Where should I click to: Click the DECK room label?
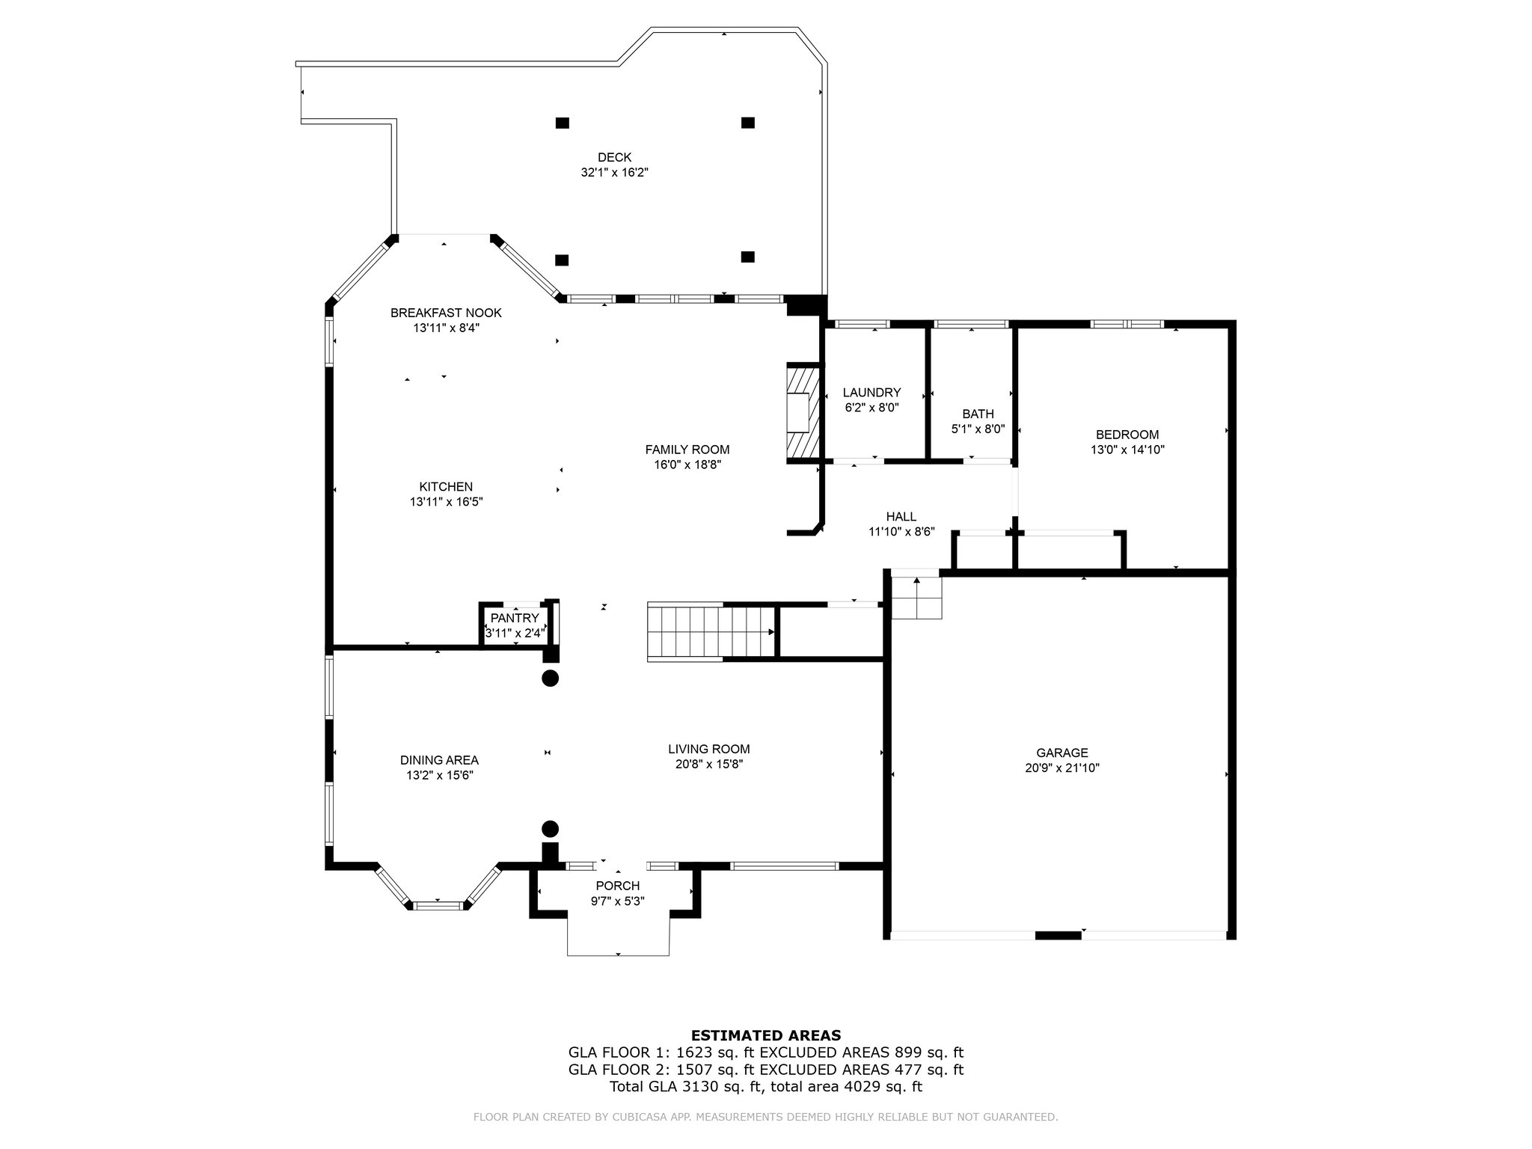[x=614, y=157]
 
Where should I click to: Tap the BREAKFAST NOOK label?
[x=446, y=313]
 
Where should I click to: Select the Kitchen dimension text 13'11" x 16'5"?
[x=446, y=502]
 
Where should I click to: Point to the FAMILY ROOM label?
[x=687, y=450]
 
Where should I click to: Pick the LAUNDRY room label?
[x=871, y=393]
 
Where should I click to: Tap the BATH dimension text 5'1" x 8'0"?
[x=978, y=429]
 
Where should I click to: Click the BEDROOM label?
[x=1127, y=435]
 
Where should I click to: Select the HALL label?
[x=901, y=517]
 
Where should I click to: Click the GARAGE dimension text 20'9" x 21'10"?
[x=1062, y=767]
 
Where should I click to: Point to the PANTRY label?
[x=515, y=618]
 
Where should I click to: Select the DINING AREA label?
[x=439, y=761]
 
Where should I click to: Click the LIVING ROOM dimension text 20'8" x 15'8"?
[x=709, y=765]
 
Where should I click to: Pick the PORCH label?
[x=618, y=886]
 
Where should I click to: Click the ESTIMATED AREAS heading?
[x=766, y=1036]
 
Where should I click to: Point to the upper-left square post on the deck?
[x=562, y=123]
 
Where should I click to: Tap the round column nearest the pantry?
[x=550, y=679]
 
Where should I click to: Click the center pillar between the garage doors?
[x=1058, y=935]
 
